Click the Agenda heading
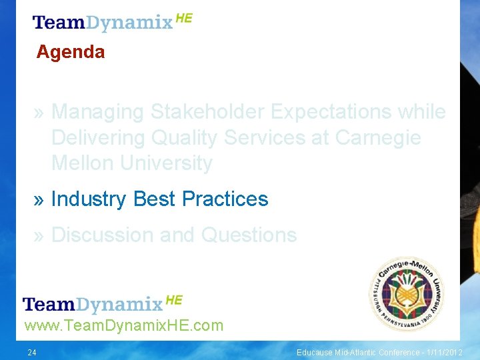pyautogui.click(x=71, y=52)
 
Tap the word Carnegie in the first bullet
pyautogui.click(x=378, y=137)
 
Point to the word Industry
pyautogui.click(x=89, y=199)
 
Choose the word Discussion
pyautogui.click(x=99, y=235)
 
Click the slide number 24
pyautogui.click(x=32, y=352)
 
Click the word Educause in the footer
pyautogui.click(x=317, y=352)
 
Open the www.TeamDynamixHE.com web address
pyautogui.click(x=123, y=326)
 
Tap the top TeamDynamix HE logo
pyautogui.click(x=112, y=22)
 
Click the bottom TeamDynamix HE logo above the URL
pyautogui.click(x=102, y=304)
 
